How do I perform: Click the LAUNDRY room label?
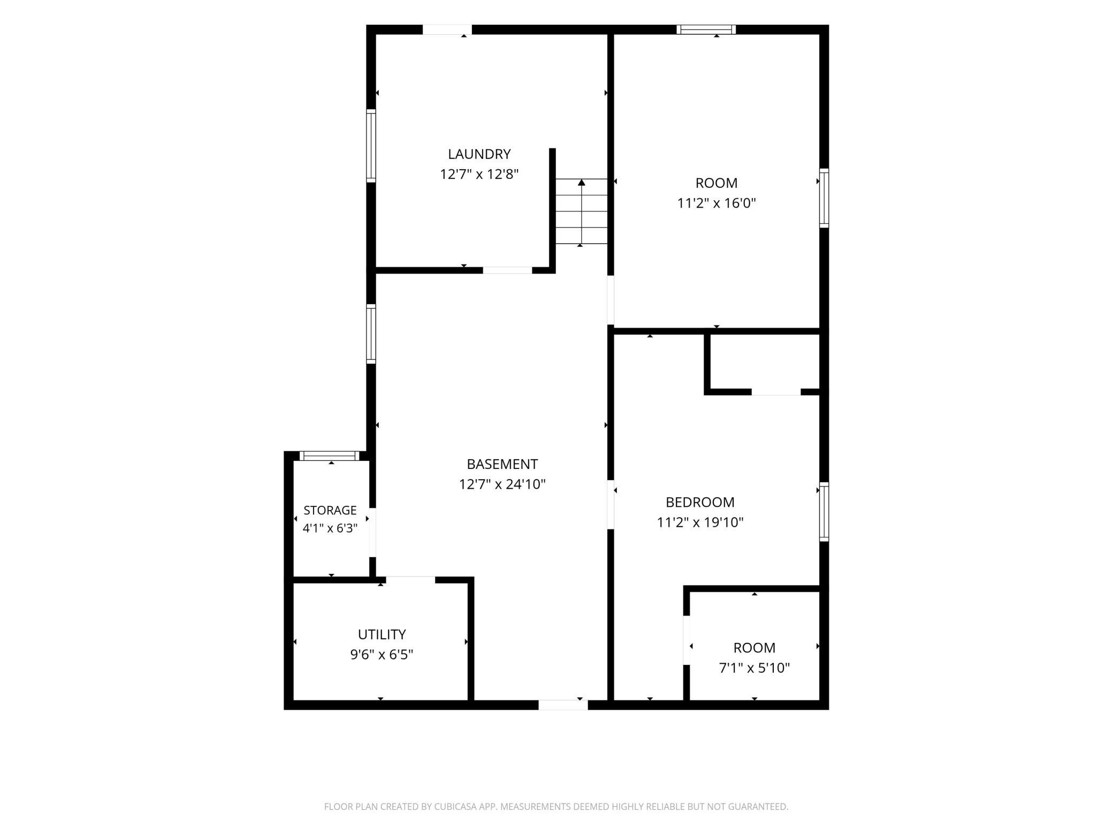pyautogui.click(x=479, y=154)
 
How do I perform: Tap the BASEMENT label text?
pyautogui.click(x=502, y=464)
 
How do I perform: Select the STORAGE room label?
pyautogui.click(x=330, y=510)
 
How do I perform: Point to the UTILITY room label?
pyautogui.click(x=382, y=634)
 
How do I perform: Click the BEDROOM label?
pyautogui.click(x=700, y=502)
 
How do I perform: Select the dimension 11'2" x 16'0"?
pyautogui.click(x=716, y=203)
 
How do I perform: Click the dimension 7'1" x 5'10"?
pyautogui.click(x=754, y=668)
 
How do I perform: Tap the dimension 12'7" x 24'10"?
pyautogui.click(x=502, y=484)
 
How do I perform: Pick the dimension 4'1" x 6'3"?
pyautogui.click(x=330, y=529)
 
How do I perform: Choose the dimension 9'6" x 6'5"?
pyautogui.click(x=382, y=655)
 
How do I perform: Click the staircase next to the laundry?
pyautogui.click(x=581, y=211)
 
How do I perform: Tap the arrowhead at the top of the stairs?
pyautogui.click(x=582, y=183)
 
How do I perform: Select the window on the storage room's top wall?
pyautogui.click(x=329, y=456)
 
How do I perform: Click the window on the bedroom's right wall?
pyautogui.click(x=824, y=512)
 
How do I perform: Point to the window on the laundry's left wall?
pyautogui.click(x=371, y=146)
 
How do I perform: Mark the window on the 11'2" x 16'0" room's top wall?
pyautogui.click(x=706, y=29)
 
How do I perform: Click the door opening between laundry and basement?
pyautogui.click(x=507, y=270)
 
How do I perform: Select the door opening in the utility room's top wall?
pyautogui.click(x=410, y=580)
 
